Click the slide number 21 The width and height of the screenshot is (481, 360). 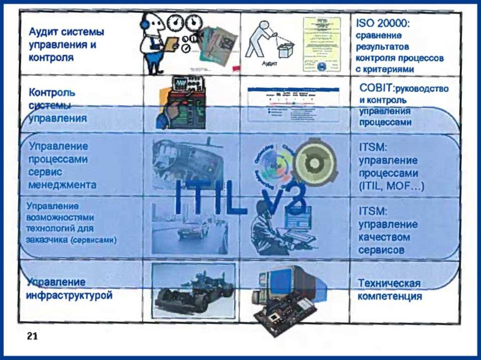(x=32, y=336)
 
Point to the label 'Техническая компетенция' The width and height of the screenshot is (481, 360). (x=389, y=290)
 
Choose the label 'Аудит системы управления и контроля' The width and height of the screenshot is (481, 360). (x=66, y=45)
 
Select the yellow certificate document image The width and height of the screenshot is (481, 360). (x=322, y=45)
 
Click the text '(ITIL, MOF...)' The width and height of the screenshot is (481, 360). (x=391, y=186)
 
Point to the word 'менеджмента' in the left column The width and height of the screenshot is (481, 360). (x=62, y=185)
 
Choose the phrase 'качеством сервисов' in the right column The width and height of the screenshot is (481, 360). (x=384, y=244)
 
